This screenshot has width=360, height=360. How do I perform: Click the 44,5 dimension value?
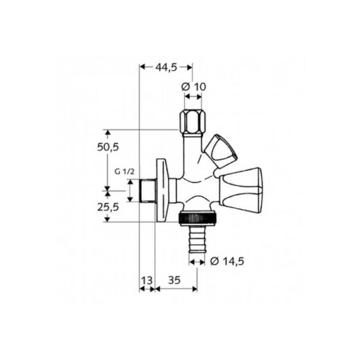[166, 67]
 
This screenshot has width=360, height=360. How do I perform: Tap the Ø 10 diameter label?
[194, 87]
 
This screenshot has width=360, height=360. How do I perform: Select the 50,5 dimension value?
[108, 147]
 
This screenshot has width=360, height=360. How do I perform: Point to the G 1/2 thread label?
[124, 171]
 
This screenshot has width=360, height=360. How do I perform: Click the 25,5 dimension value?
[108, 207]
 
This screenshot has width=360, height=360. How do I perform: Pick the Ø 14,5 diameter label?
[227, 261]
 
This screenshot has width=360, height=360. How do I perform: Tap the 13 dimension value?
[147, 280]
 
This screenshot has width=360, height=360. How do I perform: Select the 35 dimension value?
[174, 280]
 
